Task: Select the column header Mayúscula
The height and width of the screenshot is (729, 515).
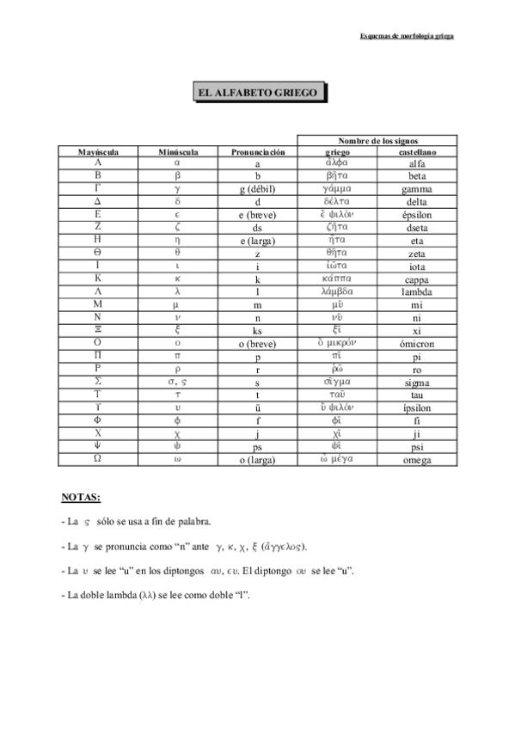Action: tap(98, 152)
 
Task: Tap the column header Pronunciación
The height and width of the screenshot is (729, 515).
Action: tap(258, 152)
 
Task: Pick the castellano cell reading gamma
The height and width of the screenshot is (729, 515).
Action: tap(417, 188)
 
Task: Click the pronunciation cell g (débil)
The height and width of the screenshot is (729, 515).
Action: tap(258, 189)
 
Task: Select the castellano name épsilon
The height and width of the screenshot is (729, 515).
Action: tap(417, 215)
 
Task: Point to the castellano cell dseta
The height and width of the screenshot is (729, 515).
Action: tap(417, 228)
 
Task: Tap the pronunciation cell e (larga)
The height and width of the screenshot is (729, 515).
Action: tap(258, 242)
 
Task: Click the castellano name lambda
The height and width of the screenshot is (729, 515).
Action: tap(417, 292)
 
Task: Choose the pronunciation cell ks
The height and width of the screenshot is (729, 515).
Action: tap(258, 331)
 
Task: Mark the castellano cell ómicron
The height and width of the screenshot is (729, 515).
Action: tap(417, 344)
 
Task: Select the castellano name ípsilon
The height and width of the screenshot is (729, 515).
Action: tap(417, 407)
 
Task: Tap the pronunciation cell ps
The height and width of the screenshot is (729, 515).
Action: tap(258, 447)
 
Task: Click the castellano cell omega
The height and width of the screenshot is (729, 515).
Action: tap(417, 459)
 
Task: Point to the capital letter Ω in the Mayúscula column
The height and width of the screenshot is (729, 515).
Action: tap(98, 459)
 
